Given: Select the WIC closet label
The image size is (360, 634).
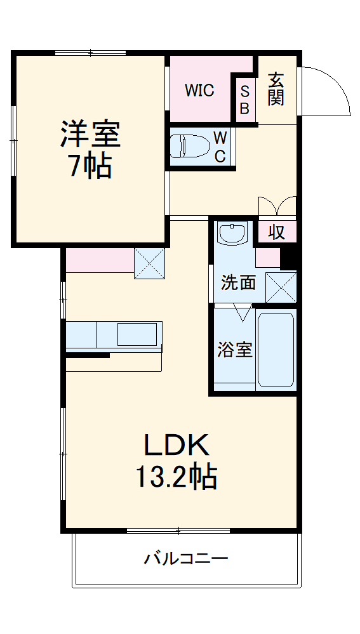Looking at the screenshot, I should pyautogui.click(x=199, y=90).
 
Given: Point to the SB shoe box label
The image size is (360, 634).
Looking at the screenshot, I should pyautogui.click(x=244, y=99).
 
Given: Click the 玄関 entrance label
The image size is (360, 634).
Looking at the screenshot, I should pyautogui.click(x=276, y=88).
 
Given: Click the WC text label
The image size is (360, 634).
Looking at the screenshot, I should pyautogui.click(x=219, y=147).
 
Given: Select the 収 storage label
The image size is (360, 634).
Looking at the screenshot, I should pyautogui.click(x=276, y=232).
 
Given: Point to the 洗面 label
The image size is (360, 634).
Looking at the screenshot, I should pyautogui.click(x=238, y=282).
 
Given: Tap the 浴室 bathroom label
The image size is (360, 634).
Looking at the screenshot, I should pyautogui.click(x=235, y=349).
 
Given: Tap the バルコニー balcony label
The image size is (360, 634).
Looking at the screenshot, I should pyautogui.click(x=185, y=559).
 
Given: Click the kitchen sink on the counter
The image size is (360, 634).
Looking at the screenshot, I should pyautogui.click(x=137, y=334).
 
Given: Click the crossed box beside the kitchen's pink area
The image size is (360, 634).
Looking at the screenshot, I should pyautogui.click(x=149, y=263).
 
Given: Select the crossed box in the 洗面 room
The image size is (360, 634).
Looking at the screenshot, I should pyautogui.click(x=281, y=287).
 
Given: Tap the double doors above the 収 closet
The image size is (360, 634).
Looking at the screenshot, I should pyautogui.click(x=277, y=208).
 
